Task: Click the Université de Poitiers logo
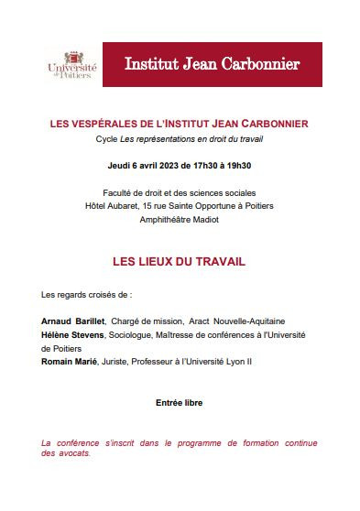pyautogui.click(x=71, y=65)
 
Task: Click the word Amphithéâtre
pyautogui.click(x=164, y=220)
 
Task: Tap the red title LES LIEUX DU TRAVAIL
pyautogui.click(x=180, y=262)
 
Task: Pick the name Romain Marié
pyautogui.click(x=71, y=363)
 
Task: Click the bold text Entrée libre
pyautogui.click(x=180, y=403)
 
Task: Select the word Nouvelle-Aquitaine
pyautogui.click(x=252, y=321)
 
